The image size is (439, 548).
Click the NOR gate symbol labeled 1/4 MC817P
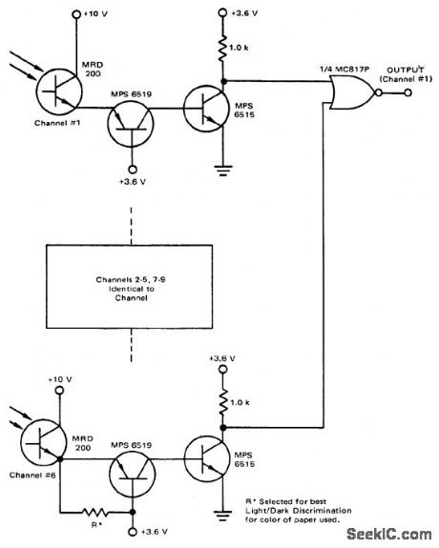tap(345, 91)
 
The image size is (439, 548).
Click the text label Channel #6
tap(34, 477)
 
